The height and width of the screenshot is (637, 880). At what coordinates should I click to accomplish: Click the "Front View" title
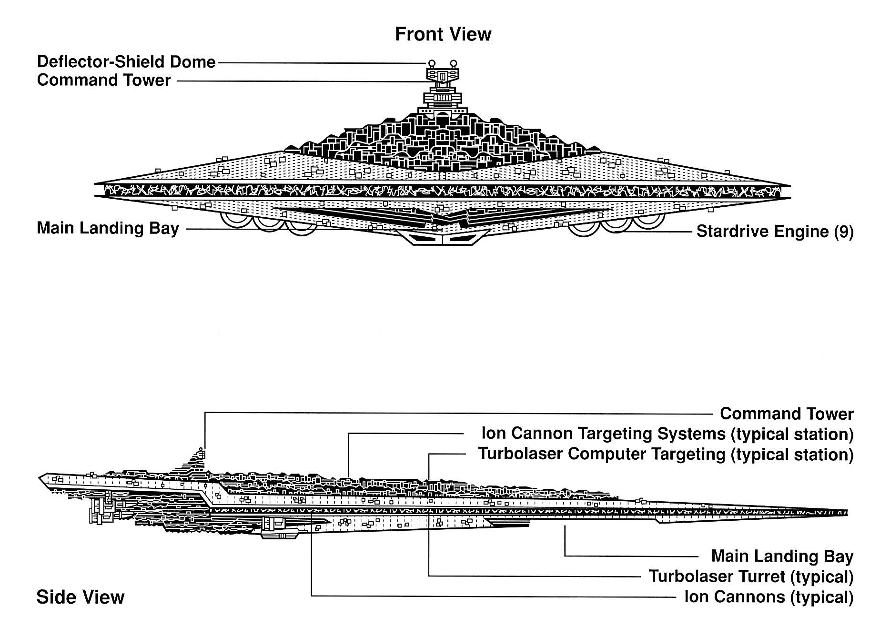[x=443, y=34]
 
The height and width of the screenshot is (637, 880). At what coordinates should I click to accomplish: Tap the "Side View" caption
[x=80, y=597]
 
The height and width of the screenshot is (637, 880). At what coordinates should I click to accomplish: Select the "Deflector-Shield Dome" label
[x=126, y=62]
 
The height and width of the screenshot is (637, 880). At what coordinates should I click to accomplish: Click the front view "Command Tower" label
[x=103, y=80]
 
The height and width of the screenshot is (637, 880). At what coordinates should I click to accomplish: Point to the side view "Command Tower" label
[x=786, y=414]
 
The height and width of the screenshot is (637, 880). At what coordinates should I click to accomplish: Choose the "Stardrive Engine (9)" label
[x=775, y=232]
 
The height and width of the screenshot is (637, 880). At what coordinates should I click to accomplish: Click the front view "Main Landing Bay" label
[x=108, y=228]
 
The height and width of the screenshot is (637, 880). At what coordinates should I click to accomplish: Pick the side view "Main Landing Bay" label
[x=782, y=556]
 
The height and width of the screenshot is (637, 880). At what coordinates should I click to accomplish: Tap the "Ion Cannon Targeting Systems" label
[x=667, y=434]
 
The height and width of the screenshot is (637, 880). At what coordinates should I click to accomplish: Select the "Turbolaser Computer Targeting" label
[x=666, y=454]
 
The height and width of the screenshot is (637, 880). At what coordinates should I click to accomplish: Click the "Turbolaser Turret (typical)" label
[x=750, y=576]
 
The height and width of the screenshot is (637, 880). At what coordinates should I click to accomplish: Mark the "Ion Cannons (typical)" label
[x=769, y=597]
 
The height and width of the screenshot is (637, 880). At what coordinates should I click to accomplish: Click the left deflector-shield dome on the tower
[x=432, y=63]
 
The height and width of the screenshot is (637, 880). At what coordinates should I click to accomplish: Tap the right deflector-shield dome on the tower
[x=453, y=63]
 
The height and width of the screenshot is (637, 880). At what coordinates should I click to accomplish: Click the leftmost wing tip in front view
[x=96, y=183]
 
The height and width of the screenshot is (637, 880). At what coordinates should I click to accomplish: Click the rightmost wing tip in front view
[x=789, y=186]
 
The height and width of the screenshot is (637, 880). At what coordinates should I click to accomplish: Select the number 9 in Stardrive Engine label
[x=843, y=232]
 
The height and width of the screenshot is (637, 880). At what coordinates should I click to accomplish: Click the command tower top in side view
[x=202, y=450]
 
